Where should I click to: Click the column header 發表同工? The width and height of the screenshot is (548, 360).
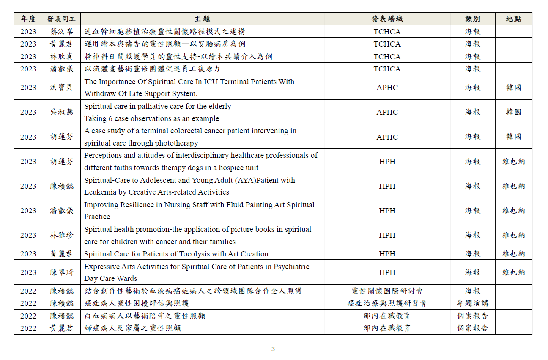61,19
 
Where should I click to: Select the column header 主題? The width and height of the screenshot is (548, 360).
202,19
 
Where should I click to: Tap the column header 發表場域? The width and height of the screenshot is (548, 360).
387,19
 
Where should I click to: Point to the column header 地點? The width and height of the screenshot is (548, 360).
513,19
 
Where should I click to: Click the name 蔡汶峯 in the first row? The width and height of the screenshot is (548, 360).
61,32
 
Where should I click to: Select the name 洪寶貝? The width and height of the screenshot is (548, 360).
61,88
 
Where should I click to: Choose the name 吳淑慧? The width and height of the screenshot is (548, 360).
61,112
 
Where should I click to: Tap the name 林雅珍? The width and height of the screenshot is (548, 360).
61,235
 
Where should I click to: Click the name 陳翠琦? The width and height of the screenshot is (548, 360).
61,272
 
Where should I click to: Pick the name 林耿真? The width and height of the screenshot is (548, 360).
61,57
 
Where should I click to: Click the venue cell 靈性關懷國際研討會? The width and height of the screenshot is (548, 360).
387,291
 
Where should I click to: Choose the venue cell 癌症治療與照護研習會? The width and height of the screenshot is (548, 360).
387,303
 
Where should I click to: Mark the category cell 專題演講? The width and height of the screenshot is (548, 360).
472,303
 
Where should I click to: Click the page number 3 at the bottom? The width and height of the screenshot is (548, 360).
273,349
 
